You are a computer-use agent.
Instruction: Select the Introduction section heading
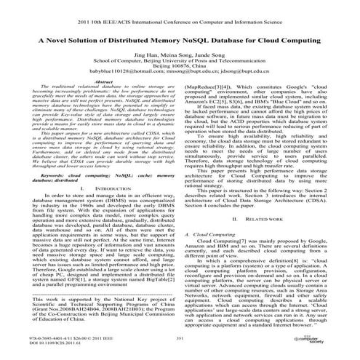(x=106, y=188)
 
